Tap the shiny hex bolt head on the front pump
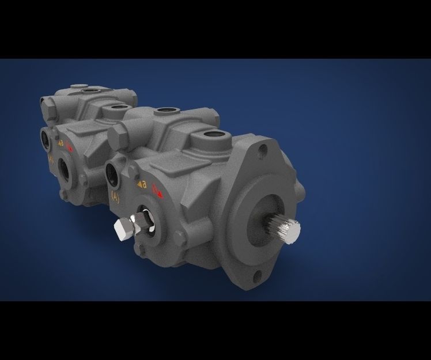click(123, 229)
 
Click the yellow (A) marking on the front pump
click(115, 196)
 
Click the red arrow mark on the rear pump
click(69, 147)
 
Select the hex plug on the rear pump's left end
click(46, 106)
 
